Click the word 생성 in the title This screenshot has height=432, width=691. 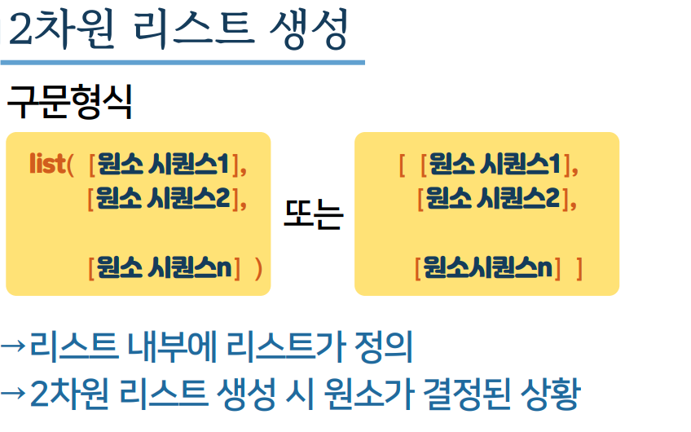coord(308,31)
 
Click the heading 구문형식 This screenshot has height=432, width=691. coord(69,103)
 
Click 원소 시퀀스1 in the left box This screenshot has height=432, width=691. coord(163,165)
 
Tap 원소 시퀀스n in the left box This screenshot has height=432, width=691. coord(163,267)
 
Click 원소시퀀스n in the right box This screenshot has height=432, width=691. coord(488,267)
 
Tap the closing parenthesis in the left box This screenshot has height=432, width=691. coord(258,267)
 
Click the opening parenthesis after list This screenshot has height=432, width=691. coord(71,165)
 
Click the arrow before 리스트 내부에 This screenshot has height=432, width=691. coord(14,346)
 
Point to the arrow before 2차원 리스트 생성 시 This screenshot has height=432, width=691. coord(14,395)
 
